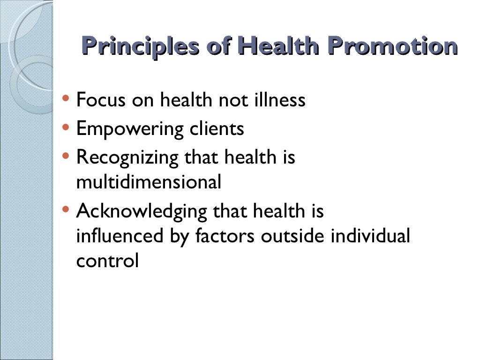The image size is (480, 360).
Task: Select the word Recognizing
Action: (127, 157)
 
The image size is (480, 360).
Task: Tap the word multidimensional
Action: (148, 182)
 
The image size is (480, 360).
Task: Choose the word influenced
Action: (119, 236)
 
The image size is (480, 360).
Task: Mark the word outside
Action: (292, 236)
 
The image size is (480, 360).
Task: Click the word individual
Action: (370, 236)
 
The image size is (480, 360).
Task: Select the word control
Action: (107, 261)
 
